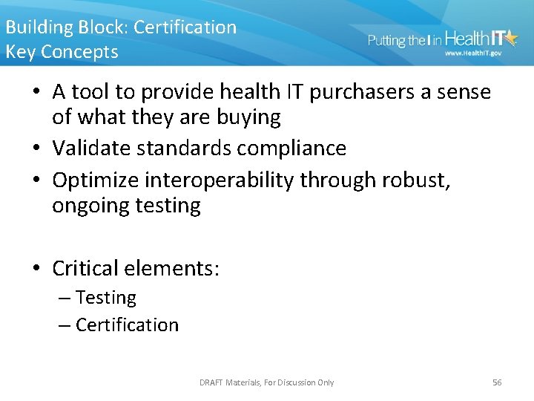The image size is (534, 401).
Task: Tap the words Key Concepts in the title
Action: [62, 52]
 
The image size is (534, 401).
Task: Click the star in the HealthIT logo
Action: [510, 37]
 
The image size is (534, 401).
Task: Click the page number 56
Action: [497, 382]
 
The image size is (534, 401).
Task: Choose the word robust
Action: [416, 180]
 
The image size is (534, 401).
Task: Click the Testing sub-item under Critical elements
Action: [105, 298]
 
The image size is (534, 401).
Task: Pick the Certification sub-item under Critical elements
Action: [127, 325]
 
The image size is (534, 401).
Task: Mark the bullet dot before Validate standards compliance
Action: [37, 149]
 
